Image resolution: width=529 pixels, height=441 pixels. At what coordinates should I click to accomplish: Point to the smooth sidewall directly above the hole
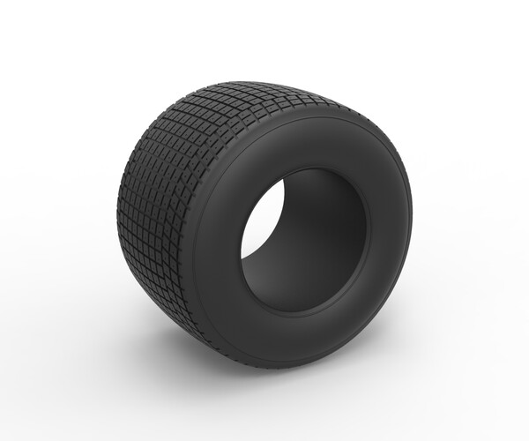(309, 146)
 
